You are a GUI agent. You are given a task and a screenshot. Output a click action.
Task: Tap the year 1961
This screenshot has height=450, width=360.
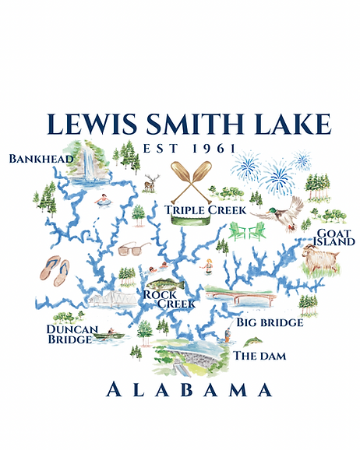(x=210, y=149)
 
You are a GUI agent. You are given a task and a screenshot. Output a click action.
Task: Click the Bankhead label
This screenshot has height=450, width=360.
(x=41, y=159)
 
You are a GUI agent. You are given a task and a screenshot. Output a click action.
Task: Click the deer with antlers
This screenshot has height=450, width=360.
(x=150, y=184)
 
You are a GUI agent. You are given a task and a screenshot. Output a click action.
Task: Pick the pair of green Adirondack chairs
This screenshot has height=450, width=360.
(x=248, y=230)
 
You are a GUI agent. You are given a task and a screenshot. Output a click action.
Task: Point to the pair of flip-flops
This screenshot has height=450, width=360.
(x=55, y=269)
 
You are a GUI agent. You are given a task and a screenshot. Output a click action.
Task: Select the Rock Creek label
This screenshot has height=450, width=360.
(x=158, y=299)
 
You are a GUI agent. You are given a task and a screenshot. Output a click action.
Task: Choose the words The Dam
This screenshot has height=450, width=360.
(x=260, y=356)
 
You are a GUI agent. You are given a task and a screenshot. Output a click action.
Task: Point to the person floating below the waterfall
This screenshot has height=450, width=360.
(x=101, y=199)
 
